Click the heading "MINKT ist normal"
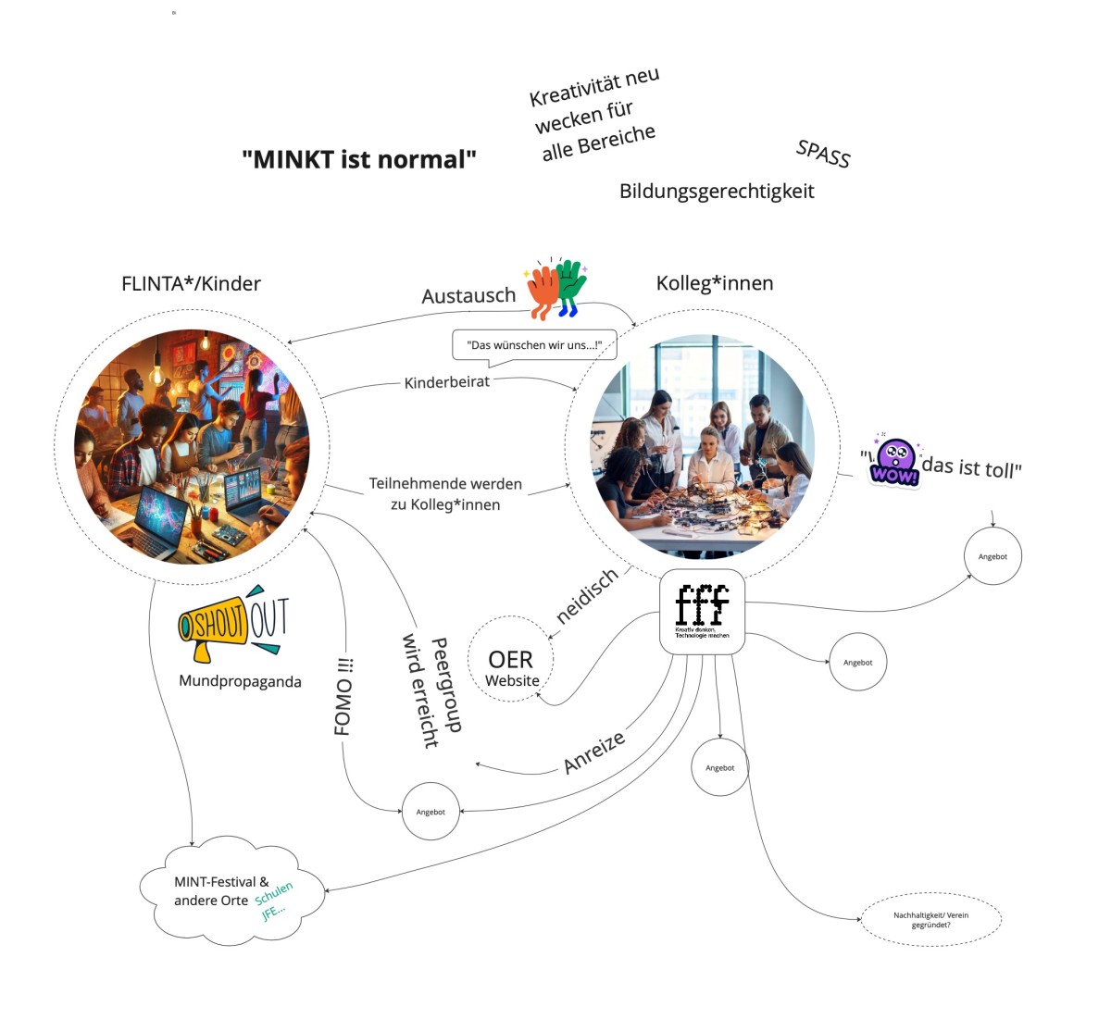tap(359, 159)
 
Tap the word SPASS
tap(823, 154)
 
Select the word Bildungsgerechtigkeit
tap(717, 192)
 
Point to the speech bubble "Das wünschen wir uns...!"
tap(534, 345)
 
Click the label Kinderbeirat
tap(446, 381)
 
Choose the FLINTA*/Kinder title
tap(191, 283)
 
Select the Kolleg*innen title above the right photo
tap(714, 283)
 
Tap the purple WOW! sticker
tap(893, 462)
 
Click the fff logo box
tap(702, 612)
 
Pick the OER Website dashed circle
tap(511, 659)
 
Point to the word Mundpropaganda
tap(240, 681)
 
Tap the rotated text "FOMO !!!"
tap(343, 696)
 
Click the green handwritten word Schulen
tap(274, 893)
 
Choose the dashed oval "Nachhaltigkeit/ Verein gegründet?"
tap(930, 919)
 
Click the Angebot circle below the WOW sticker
tap(992, 556)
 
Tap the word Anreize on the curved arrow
tap(594, 751)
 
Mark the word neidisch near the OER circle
tap(587, 596)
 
